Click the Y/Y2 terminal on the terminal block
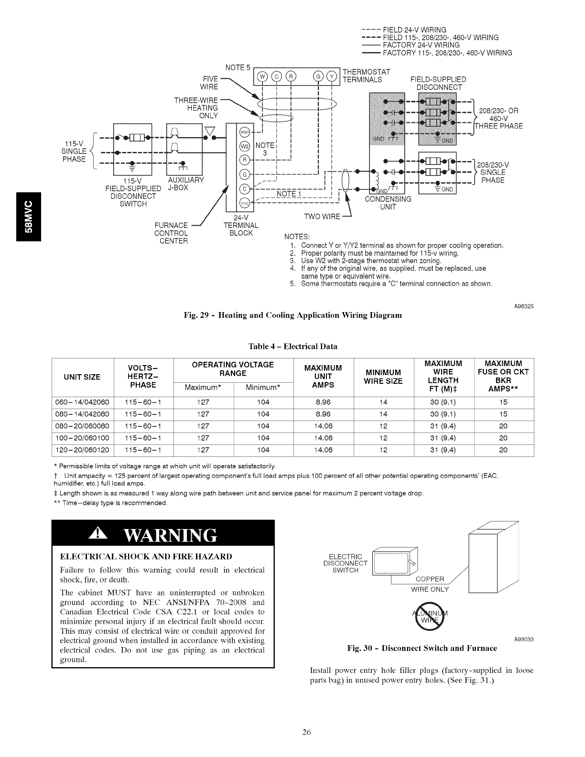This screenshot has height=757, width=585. point(244,203)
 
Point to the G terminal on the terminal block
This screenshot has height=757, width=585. point(244,173)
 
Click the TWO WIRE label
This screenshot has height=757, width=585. point(322,217)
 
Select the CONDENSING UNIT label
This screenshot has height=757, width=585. point(388,203)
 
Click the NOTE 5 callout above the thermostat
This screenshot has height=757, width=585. point(238,67)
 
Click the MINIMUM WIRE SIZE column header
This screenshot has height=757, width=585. point(383,377)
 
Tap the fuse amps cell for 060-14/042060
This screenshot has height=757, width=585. point(503,402)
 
